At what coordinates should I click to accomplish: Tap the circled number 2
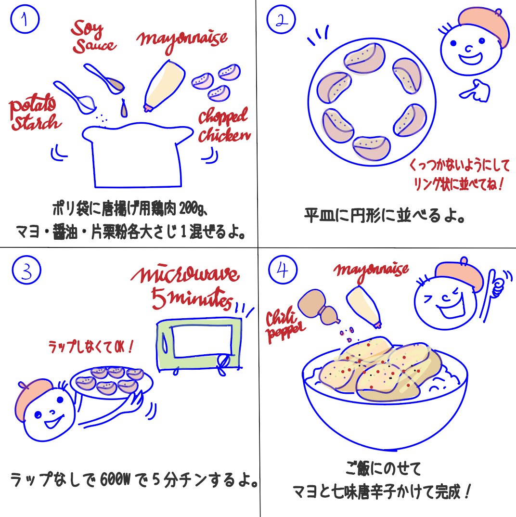(281, 20)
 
